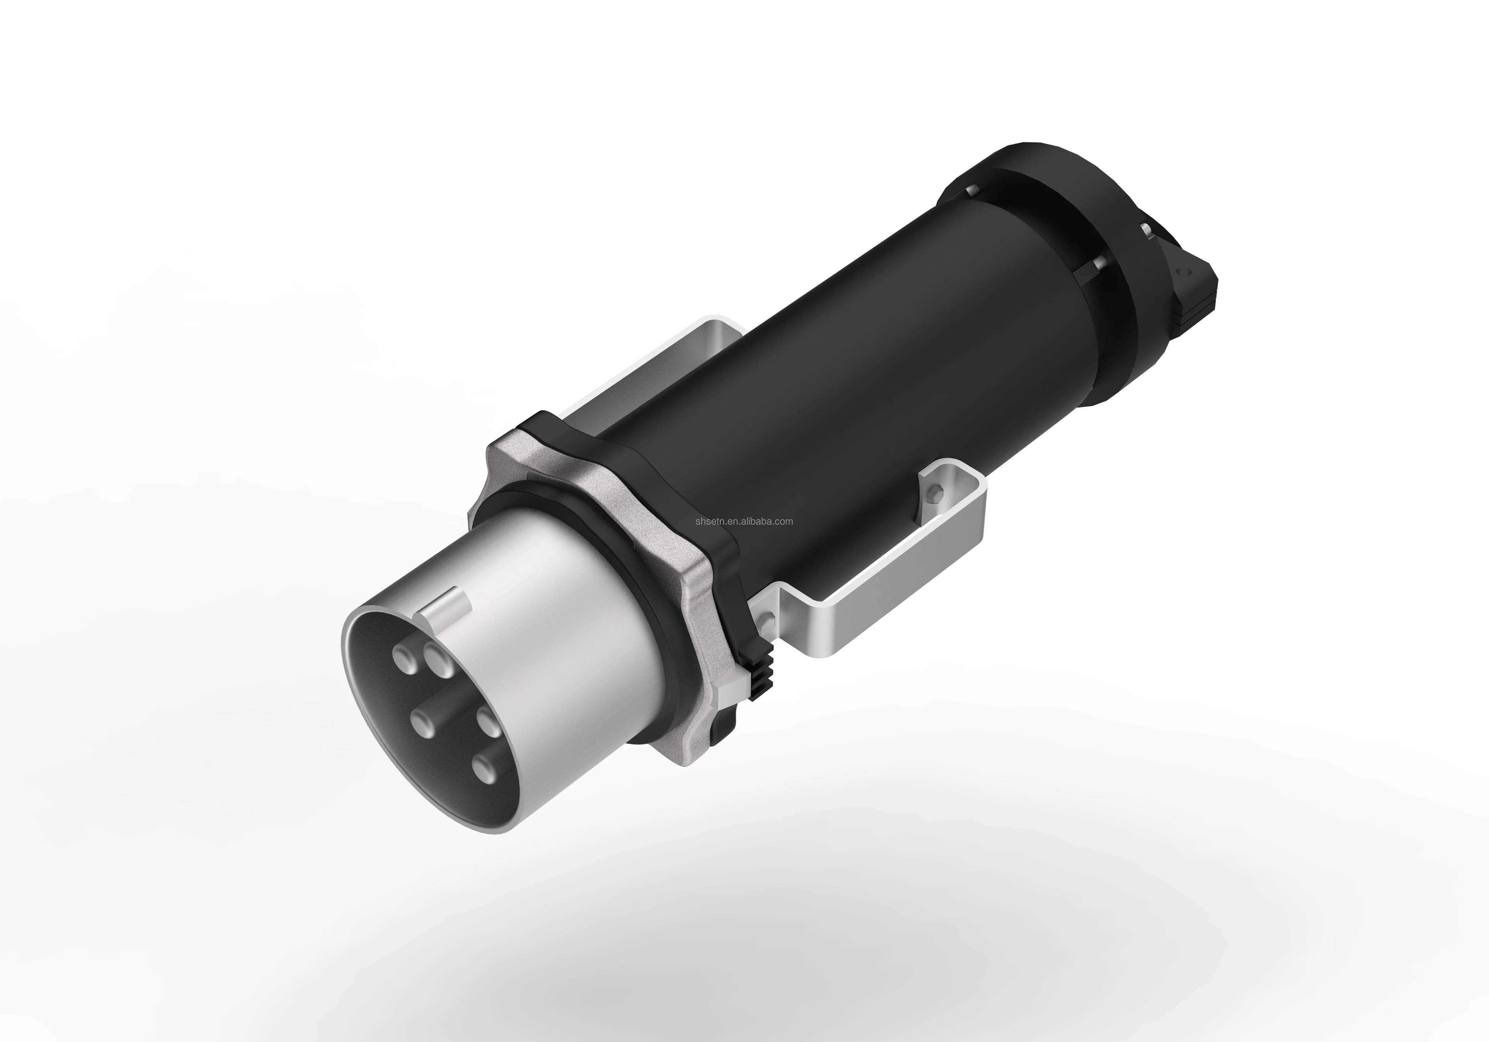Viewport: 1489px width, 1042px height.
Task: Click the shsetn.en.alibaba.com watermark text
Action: point(744,521)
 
